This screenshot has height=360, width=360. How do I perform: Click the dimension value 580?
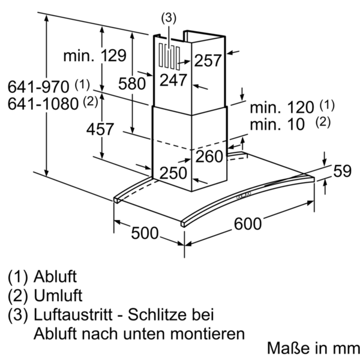[x=132, y=83]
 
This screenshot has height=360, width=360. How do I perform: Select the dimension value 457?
[x=100, y=129]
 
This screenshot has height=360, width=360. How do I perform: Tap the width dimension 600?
[x=248, y=223]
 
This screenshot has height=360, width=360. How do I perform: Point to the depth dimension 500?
[x=145, y=233]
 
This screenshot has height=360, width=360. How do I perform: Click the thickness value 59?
[x=342, y=171]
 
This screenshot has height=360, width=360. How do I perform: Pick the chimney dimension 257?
[x=208, y=61]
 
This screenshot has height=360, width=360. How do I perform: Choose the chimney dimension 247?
[x=173, y=80]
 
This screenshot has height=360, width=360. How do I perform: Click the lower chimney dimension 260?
[x=209, y=157]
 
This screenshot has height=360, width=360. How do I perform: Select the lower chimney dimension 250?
[x=173, y=173]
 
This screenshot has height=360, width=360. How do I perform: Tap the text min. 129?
[x=95, y=55]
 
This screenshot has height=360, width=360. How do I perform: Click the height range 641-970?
[x=38, y=87]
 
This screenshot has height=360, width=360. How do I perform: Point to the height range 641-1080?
[x=43, y=104]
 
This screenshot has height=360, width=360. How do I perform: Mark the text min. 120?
[x=282, y=107]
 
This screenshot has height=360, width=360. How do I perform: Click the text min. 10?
[x=277, y=124]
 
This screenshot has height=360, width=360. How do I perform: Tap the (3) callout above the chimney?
[x=169, y=18]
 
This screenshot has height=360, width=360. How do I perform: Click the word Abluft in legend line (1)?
[x=55, y=276]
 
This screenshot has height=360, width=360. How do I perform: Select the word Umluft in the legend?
[x=58, y=295]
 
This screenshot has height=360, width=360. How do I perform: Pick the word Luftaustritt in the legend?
[x=73, y=314]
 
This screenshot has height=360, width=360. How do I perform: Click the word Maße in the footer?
[x=289, y=347]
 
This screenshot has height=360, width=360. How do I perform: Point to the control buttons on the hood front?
[x=244, y=195]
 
